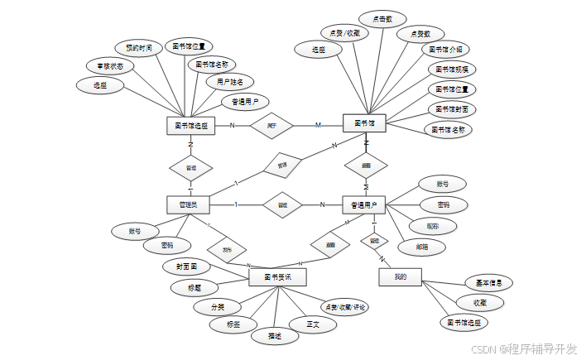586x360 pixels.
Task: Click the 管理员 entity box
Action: tap(188, 204)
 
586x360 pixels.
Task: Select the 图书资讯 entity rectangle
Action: tap(278, 276)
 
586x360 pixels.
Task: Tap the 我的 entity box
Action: tap(401, 276)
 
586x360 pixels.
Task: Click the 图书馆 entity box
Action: tap(364, 123)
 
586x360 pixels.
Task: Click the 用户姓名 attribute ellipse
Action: tap(230, 82)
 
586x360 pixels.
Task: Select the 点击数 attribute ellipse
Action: tap(382, 17)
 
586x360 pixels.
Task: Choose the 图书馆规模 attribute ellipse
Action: tap(452, 69)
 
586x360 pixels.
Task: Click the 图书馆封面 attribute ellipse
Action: tap(452, 108)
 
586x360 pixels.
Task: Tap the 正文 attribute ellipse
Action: tap(314, 324)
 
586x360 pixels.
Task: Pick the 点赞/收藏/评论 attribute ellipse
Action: tap(344, 307)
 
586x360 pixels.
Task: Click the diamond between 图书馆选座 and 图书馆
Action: tap(272, 126)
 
